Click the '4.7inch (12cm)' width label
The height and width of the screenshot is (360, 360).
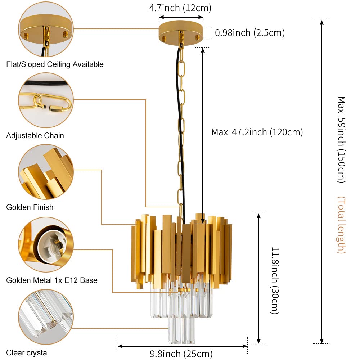[x=180, y=8]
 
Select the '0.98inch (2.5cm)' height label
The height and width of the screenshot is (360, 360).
[x=249, y=33]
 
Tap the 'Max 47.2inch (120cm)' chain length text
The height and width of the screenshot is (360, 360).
[x=257, y=132]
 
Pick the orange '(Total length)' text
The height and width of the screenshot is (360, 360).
[x=341, y=225]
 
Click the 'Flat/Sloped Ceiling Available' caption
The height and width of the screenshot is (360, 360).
[x=55, y=64]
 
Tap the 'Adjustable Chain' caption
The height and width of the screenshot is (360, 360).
[x=35, y=136]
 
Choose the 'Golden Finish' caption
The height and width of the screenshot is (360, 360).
[x=30, y=207]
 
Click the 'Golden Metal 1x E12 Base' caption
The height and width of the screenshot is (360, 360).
[x=52, y=280]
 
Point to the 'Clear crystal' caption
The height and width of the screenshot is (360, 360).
[x=27, y=353]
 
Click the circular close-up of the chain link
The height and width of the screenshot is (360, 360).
[x=46, y=100]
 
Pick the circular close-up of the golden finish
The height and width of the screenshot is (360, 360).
[x=46, y=172]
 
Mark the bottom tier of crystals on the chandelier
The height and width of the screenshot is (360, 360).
[x=181, y=329]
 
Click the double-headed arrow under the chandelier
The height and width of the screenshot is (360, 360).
[x=182, y=346]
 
